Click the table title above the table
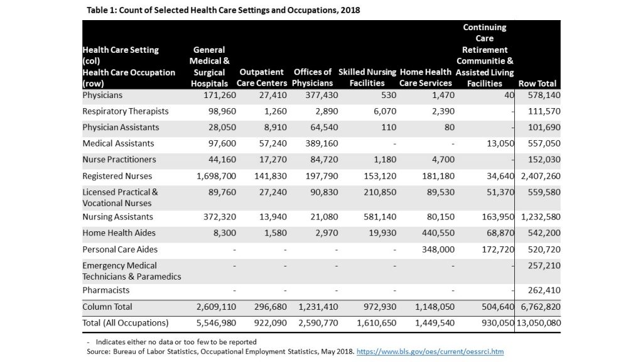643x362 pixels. [223, 10]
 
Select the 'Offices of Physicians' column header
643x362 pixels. [313, 77]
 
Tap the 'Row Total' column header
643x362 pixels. [538, 84]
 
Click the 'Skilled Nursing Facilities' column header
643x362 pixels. [367, 77]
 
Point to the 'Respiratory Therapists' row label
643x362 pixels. [126, 111]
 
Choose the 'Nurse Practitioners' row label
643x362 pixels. [119, 159]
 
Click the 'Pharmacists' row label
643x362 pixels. [105, 290]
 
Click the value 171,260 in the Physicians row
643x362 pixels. [220, 96]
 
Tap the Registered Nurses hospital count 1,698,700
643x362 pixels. [216, 176]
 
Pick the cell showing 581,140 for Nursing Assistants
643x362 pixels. [380, 217]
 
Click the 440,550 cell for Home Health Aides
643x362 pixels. [438, 233]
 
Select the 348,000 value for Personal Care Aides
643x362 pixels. [438, 249]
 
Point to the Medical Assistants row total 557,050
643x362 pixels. [544, 143]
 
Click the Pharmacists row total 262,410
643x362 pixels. [544, 290]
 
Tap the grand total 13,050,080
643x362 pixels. [538, 323]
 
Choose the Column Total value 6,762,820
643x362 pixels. [541, 307]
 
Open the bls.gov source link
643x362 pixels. [430, 351]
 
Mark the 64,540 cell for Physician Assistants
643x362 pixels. [324, 127]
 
